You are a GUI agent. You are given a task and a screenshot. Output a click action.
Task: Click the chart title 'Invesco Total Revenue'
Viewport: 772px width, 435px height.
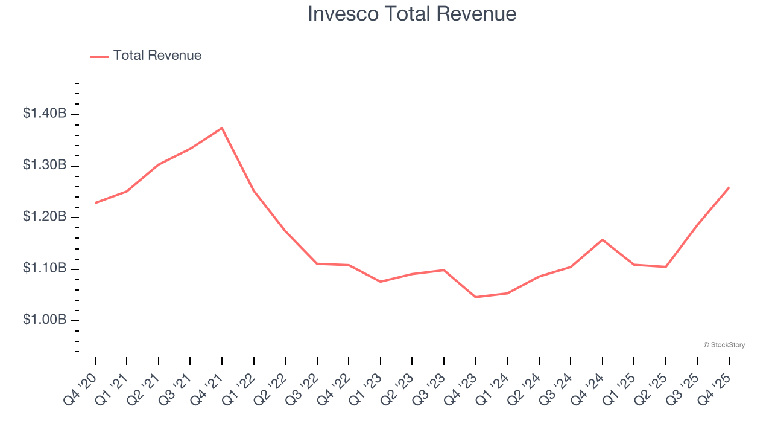(x=412, y=14)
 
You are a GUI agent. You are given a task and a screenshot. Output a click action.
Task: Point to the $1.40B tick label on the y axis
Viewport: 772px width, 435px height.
(x=45, y=113)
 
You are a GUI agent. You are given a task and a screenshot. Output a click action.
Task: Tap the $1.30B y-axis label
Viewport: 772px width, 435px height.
(x=45, y=165)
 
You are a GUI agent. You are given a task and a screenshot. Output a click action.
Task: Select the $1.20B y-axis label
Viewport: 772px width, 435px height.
(x=45, y=216)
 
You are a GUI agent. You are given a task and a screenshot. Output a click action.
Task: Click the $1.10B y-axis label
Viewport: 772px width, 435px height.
(x=45, y=268)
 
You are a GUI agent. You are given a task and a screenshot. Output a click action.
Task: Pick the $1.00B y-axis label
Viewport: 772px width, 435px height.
(x=45, y=320)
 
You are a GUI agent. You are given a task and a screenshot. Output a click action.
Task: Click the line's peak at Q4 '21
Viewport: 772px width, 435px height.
(x=222, y=128)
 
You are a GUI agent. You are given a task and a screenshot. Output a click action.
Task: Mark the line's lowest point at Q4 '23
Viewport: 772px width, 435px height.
(x=475, y=297)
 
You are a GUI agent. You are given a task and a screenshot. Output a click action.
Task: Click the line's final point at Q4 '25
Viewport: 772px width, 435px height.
(x=729, y=187)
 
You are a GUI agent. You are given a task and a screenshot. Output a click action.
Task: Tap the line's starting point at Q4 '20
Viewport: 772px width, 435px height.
(x=95, y=203)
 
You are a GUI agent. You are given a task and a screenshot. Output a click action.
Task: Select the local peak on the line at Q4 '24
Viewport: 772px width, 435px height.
(x=603, y=240)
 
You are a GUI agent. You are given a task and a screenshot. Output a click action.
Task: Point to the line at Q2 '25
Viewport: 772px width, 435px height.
(x=666, y=267)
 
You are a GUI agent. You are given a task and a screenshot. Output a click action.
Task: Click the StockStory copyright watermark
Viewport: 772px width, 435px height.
(x=724, y=345)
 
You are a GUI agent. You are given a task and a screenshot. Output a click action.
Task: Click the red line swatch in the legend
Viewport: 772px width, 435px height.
(x=100, y=56)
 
